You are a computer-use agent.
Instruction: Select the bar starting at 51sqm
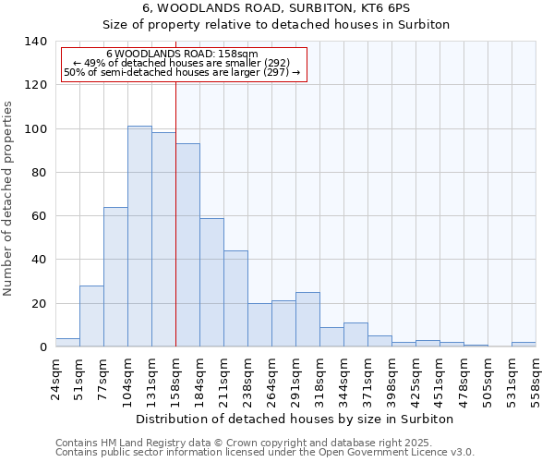[x=91, y=316]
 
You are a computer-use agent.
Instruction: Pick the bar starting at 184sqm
[x=211, y=283]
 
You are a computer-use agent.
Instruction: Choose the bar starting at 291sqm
[x=307, y=320]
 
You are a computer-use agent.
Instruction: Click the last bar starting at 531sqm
[x=524, y=344]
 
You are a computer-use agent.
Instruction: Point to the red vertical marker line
[x=175, y=213]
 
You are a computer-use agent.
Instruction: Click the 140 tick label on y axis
[x=35, y=42]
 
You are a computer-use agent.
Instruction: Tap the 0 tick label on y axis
[x=42, y=347]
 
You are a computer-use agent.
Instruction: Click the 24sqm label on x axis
[x=55, y=379]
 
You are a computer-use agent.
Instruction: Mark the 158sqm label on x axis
[x=175, y=381]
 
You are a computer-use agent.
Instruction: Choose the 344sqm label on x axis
[x=343, y=381]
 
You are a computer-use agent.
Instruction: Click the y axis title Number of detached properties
[x=9, y=199]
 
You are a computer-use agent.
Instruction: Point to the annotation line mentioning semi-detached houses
[x=182, y=73]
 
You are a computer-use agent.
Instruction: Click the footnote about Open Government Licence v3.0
[x=265, y=453]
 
